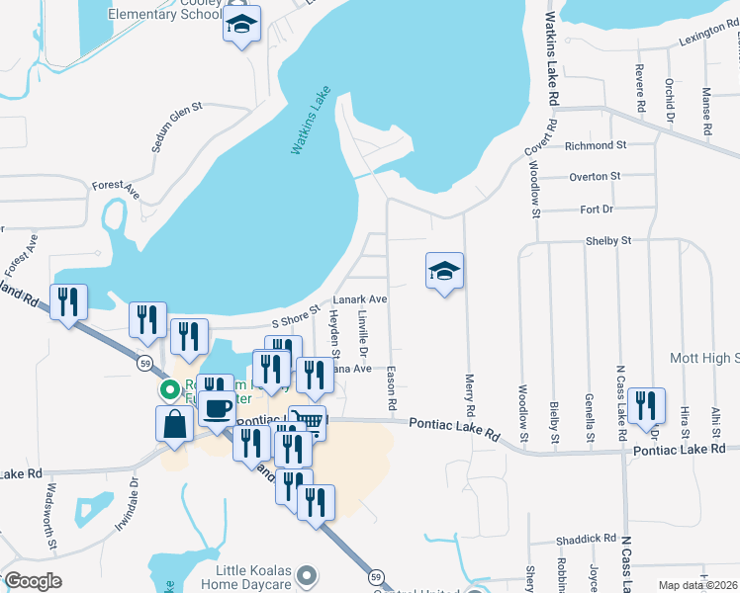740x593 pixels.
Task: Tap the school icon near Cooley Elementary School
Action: click(x=240, y=28)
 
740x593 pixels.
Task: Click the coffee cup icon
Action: click(x=217, y=407)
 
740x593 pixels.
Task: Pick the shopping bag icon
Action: click(x=174, y=423)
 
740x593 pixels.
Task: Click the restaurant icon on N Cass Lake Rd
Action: click(x=645, y=404)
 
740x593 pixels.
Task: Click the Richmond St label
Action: click(x=596, y=145)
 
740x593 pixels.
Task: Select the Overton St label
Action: click(x=595, y=177)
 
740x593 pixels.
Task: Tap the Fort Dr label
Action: click(x=597, y=210)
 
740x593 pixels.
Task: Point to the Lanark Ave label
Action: click(x=359, y=298)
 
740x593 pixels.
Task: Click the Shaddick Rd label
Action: click(x=586, y=539)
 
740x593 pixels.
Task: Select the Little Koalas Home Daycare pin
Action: click(x=307, y=574)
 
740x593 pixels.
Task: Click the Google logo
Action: click(x=33, y=581)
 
